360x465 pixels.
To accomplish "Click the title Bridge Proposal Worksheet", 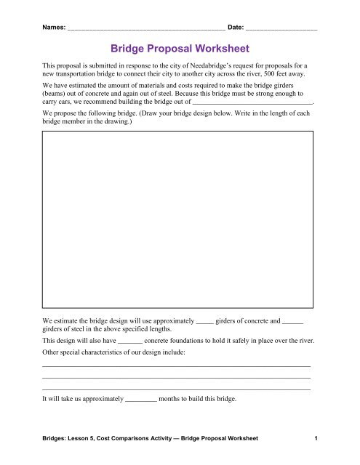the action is (180, 50).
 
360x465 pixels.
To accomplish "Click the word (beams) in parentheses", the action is (57, 94).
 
